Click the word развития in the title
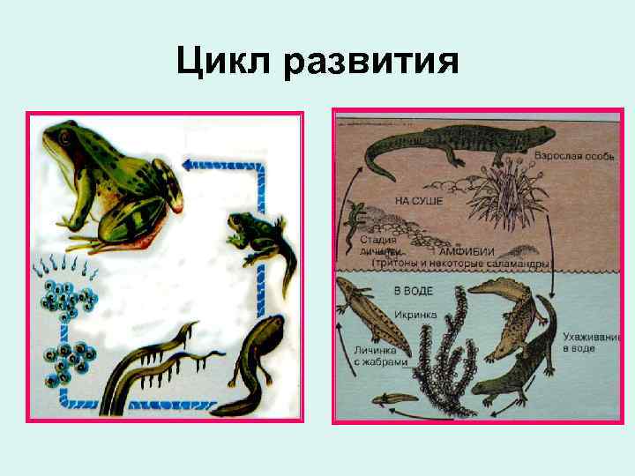coord(371,61)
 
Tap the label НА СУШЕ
coord(419,201)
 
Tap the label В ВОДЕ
coord(413,291)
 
